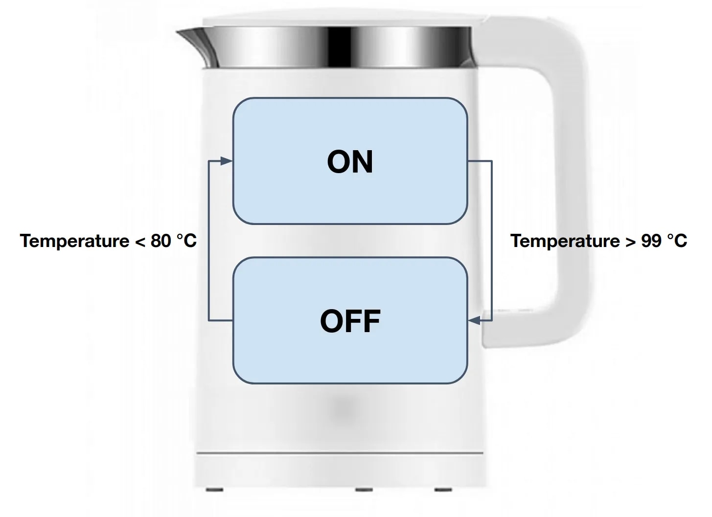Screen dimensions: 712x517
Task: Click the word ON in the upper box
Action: [x=350, y=162]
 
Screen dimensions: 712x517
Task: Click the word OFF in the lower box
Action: [x=350, y=321]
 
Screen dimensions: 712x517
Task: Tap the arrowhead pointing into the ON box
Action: [x=226, y=161]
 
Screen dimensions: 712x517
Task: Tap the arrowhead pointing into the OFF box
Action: [x=474, y=320]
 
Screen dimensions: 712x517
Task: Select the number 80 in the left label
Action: [x=161, y=241]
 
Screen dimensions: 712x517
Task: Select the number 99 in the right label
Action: [x=651, y=241]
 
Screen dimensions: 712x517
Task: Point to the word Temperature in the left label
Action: [x=74, y=241]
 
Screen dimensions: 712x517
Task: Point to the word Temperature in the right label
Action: [x=565, y=241]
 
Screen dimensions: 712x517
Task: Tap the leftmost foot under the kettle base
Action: [x=214, y=490]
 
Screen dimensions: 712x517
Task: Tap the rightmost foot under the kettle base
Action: [x=443, y=490]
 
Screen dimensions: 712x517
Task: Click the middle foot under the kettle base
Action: [x=364, y=490]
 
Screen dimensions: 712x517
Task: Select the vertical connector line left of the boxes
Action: [x=208, y=241]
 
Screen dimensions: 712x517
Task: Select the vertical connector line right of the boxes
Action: [x=492, y=241]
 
